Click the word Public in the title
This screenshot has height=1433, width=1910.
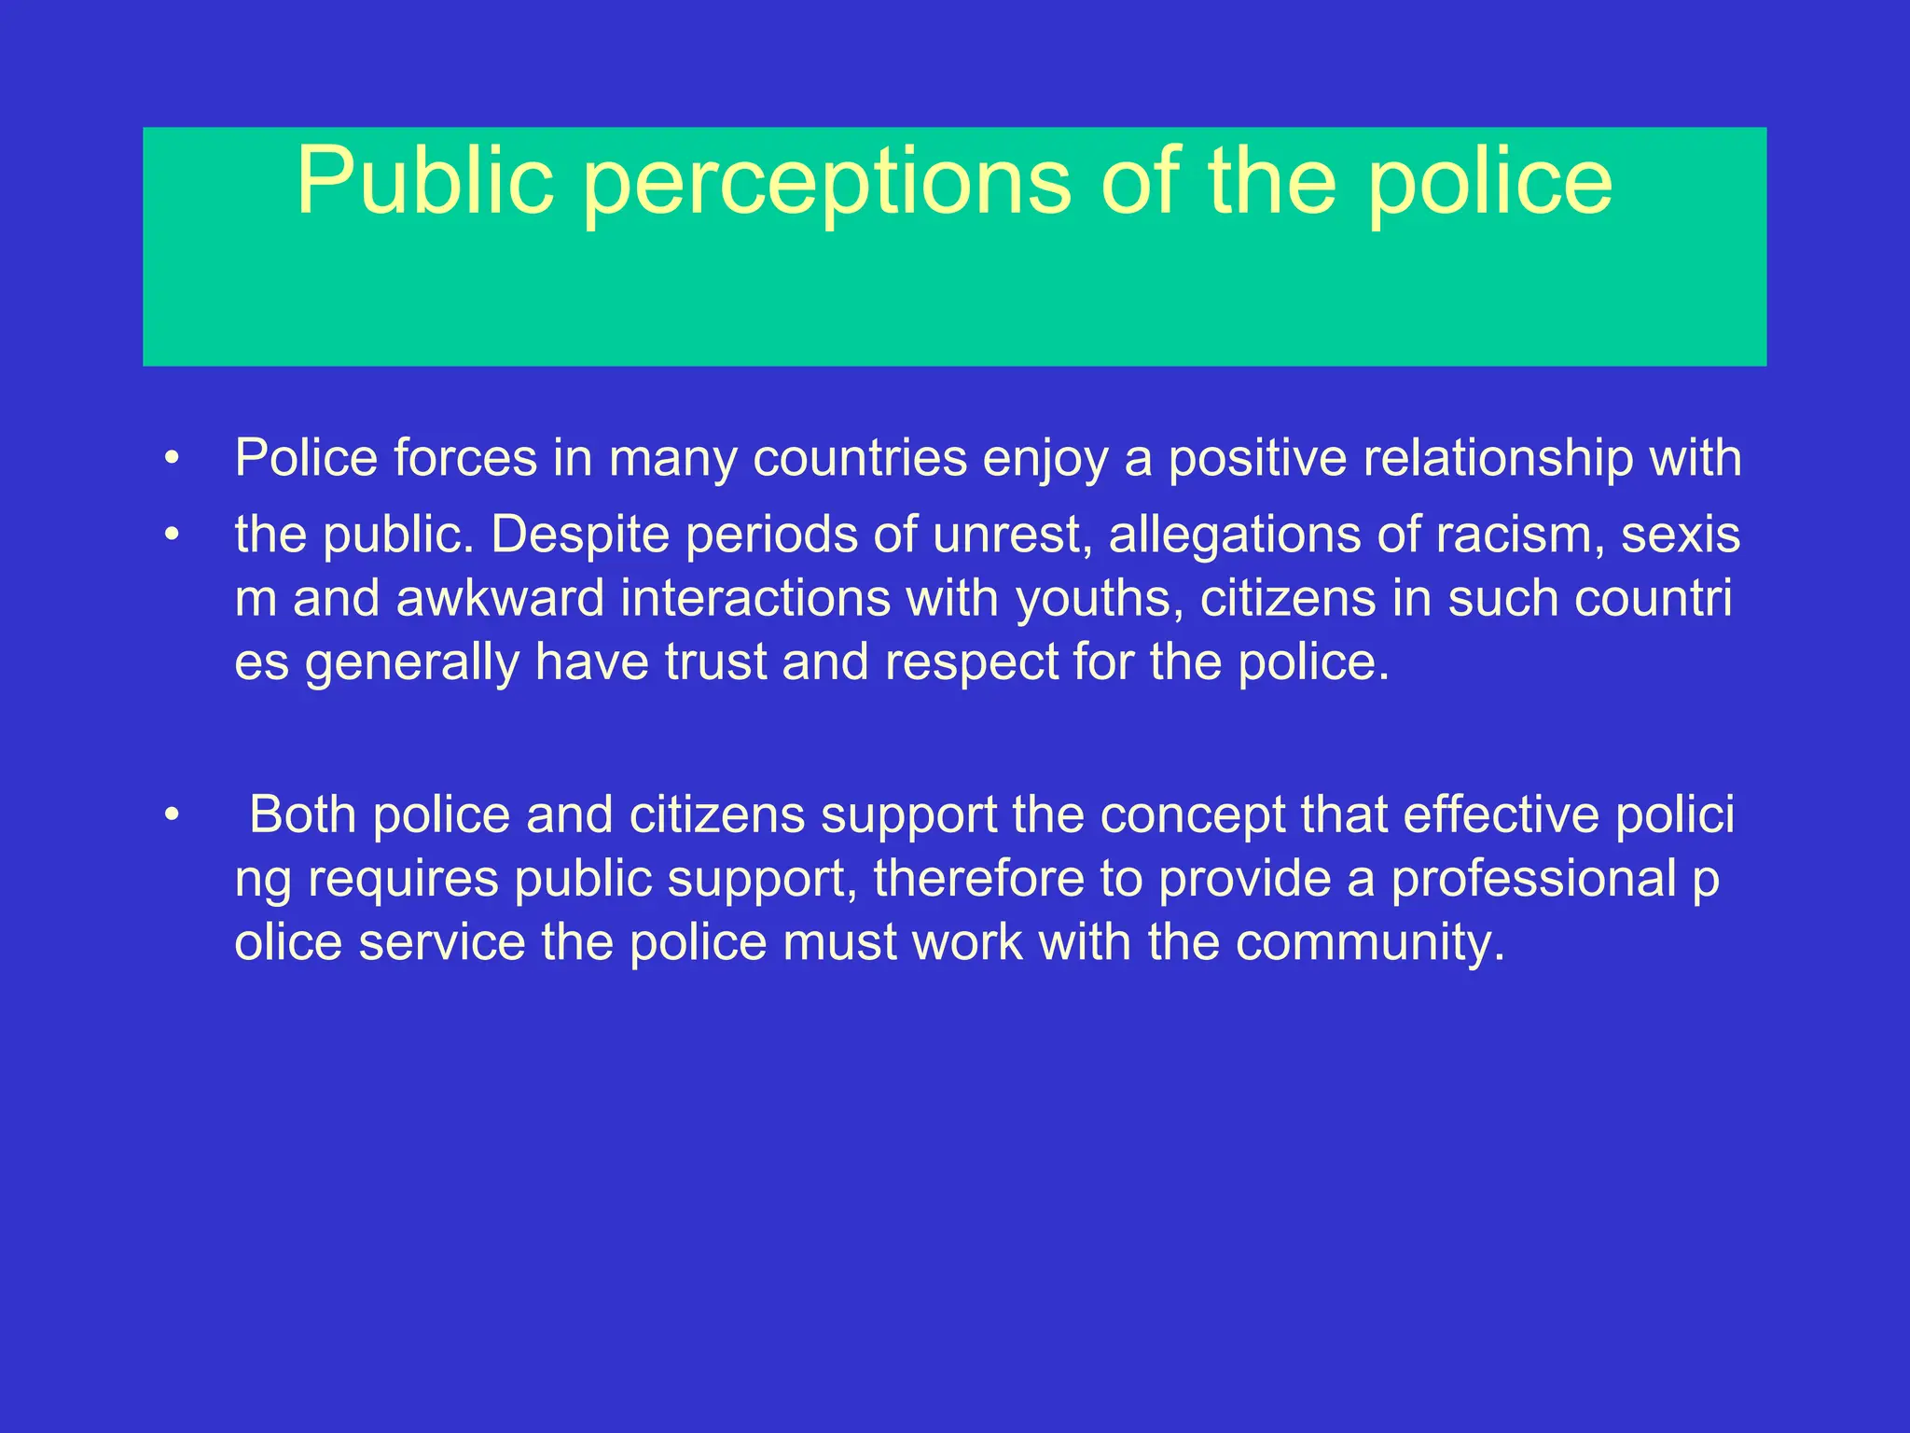[425, 182]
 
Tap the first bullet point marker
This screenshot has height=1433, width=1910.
[171, 459]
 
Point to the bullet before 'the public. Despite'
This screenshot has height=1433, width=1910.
[171, 536]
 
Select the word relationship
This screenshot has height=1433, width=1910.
[1498, 460]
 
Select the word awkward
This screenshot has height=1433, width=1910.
[500, 599]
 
